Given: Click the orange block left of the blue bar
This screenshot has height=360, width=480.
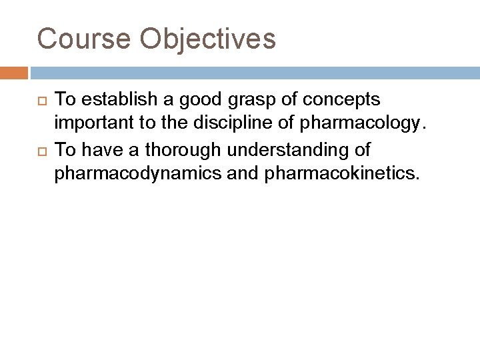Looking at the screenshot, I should click(x=14, y=72).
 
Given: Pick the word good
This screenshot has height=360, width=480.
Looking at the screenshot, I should click(x=186, y=100).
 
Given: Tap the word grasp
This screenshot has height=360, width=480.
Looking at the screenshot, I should click(x=235, y=100).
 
